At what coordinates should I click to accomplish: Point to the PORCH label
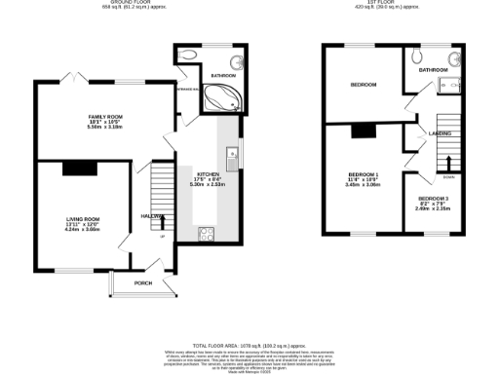(143, 283)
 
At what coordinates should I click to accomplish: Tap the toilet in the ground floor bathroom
(187, 56)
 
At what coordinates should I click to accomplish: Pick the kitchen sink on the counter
(230, 153)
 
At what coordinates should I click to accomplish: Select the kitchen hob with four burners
(206, 233)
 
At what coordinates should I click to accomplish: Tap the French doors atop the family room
(67, 78)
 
